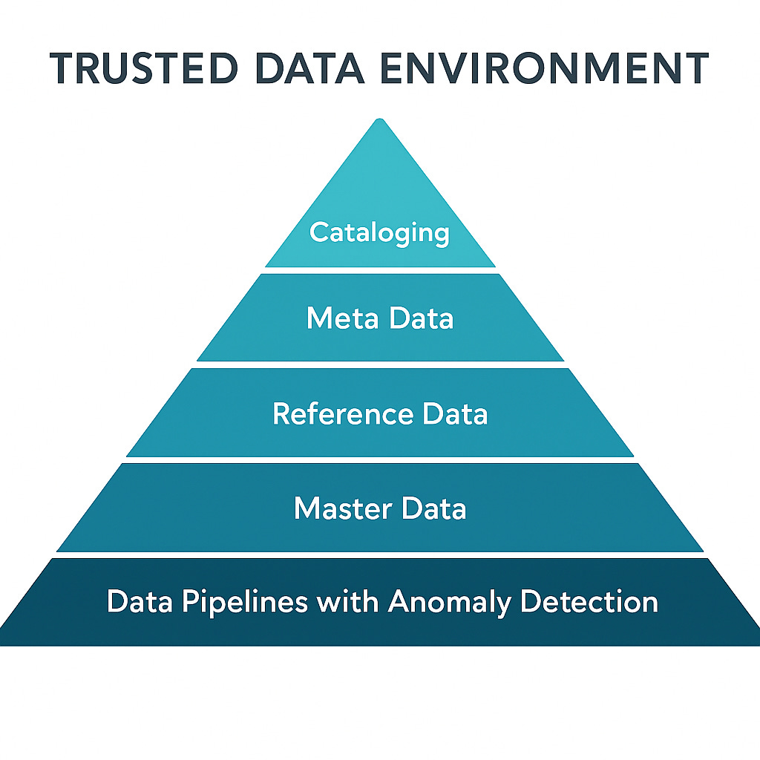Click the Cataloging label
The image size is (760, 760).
tap(379, 233)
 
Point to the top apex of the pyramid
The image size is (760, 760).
tap(380, 120)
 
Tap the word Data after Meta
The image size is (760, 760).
tap(419, 318)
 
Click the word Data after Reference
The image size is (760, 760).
tap(455, 413)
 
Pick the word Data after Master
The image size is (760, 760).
tap(434, 508)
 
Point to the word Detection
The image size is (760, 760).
tap(589, 601)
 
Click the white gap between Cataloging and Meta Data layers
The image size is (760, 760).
tap(380, 270)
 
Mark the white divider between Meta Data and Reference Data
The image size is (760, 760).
tap(380, 364)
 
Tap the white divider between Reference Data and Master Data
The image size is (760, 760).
tap(380, 460)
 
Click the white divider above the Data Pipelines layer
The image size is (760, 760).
tap(380, 555)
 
